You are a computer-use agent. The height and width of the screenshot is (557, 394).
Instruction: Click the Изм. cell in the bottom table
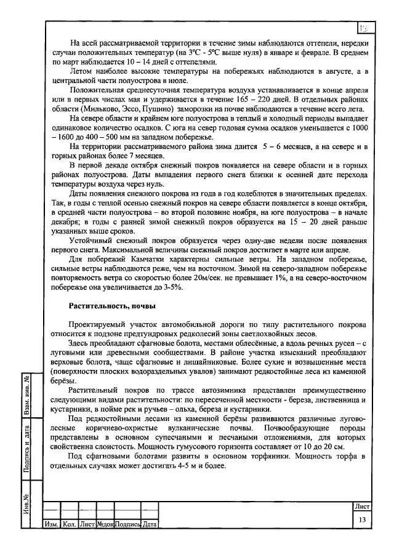click(x=50, y=524)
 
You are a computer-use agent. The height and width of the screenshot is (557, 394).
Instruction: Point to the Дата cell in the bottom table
click(x=149, y=524)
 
